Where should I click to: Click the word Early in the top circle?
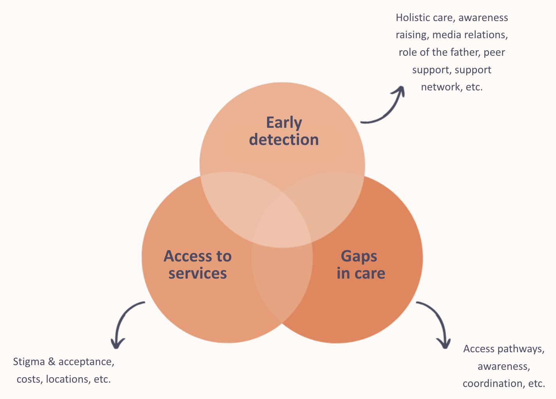click(284, 123)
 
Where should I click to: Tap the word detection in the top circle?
click(284, 140)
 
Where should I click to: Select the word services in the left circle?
click(197, 274)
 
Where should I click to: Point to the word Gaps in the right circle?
click(359, 256)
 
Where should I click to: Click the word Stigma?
click(29, 362)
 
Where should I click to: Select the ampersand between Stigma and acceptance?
click(51, 362)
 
